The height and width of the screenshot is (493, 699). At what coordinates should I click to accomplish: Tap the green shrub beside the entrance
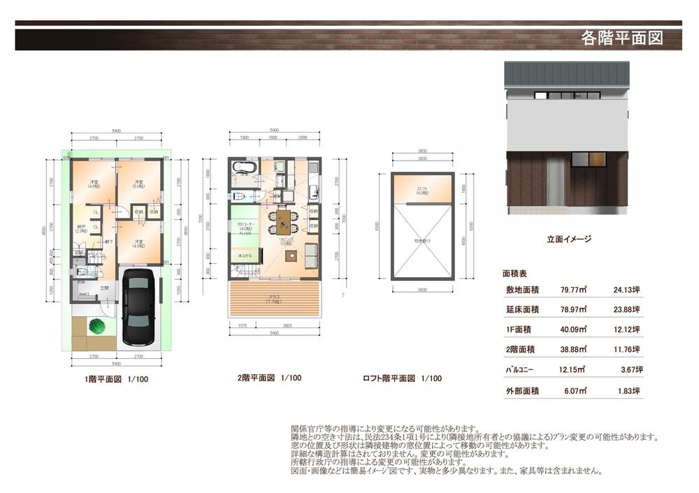click(x=96, y=325)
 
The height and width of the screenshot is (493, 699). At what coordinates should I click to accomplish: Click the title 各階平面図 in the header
click(x=621, y=38)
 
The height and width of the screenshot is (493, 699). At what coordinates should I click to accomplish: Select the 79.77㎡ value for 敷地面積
click(x=573, y=290)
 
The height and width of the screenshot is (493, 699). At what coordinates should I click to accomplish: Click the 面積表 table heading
click(x=515, y=274)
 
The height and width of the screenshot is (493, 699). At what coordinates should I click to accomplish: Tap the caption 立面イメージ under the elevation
click(x=569, y=239)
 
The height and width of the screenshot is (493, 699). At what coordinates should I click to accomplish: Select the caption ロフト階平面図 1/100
click(x=402, y=378)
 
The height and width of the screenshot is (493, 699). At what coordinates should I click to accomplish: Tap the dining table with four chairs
click(x=282, y=221)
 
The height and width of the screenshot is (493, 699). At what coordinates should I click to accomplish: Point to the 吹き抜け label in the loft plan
click(x=421, y=241)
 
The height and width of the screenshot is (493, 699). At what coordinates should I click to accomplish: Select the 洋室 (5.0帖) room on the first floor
click(x=140, y=185)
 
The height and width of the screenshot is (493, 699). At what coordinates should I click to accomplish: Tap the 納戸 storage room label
click(x=81, y=228)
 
